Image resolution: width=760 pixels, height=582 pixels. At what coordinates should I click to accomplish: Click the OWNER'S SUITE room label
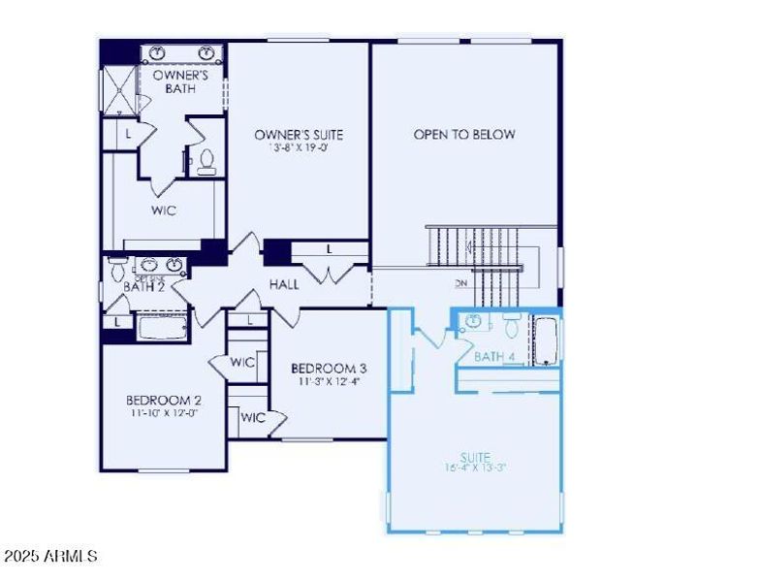click(x=299, y=135)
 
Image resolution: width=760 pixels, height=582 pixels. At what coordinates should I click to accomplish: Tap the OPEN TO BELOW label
click(x=464, y=135)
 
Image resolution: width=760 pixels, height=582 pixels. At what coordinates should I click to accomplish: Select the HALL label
click(x=284, y=284)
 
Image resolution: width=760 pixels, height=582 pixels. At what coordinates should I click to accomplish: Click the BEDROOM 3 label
click(x=329, y=369)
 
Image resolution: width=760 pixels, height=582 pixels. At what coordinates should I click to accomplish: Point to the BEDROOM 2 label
click(x=164, y=400)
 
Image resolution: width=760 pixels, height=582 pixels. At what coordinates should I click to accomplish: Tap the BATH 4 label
click(x=494, y=357)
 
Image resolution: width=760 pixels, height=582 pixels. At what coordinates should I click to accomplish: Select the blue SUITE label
click(x=475, y=457)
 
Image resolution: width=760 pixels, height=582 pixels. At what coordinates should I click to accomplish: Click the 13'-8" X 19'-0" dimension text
click(x=299, y=148)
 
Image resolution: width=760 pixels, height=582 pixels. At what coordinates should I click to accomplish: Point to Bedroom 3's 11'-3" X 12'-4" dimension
click(x=329, y=381)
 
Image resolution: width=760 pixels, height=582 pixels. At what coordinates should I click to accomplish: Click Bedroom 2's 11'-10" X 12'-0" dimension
click(x=164, y=413)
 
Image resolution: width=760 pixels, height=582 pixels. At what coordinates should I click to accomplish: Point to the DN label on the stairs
click(x=461, y=284)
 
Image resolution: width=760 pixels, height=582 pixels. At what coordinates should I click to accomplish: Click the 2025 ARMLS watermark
click(x=50, y=557)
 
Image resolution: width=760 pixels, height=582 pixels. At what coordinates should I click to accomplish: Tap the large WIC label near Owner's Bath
click(x=164, y=210)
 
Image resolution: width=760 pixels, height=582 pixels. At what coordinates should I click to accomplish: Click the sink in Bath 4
click(x=474, y=322)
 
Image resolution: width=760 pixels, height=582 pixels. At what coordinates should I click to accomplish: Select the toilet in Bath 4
click(x=511, y=324)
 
